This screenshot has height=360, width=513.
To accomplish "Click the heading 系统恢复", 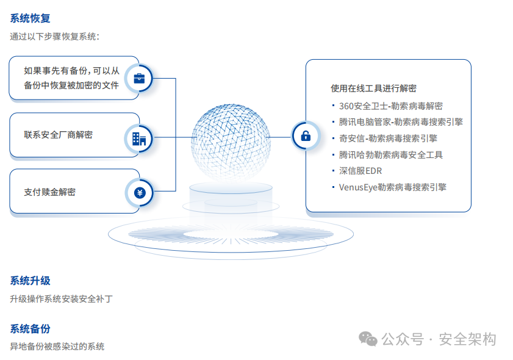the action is pyautogui.click(x=30, y=18).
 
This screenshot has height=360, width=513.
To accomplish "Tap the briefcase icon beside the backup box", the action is pyautogui.click(x=139, y=78).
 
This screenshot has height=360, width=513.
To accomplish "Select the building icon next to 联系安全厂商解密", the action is pyautogui.click(x=139, y=139).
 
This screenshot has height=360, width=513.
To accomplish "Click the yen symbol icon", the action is pyautogui.click(x=140, y=193).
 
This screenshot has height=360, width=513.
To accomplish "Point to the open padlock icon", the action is pyautogui.click(x=306, y=135).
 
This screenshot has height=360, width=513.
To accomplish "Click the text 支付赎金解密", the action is pyautogui.click(x=50, y=192).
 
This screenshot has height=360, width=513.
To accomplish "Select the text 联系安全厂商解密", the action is pyautogui.click(x=58, y=135).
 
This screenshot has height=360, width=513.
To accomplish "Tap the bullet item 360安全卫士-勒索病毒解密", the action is pyautogui.click(x=390, y=106).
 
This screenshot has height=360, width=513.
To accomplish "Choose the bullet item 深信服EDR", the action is pyautogui.click(x=361, y=171).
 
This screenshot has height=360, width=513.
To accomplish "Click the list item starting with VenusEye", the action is pyautogui.click(x=393, y=187).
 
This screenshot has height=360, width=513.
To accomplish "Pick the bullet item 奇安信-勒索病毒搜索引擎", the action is pyautogui.click(x=388, y=139).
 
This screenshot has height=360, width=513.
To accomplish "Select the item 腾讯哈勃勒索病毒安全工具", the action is pyautogui.click(x=390, y=155).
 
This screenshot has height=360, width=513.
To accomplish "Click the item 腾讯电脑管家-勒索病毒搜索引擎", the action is pyautogui.click(x=401, y=122).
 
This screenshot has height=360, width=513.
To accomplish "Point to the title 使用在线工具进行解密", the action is pyautogui.click(x=373, y=88).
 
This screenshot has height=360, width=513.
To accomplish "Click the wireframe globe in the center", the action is pyautogui.click(x=231, y=142).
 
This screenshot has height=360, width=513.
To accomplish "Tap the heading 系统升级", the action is pyautogui.click(x=30, y=281).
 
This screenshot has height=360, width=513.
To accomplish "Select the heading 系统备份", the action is pyautogui.click(x=30, y=329).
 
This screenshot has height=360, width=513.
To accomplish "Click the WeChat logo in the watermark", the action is pyautogui.click(x=368, y=339).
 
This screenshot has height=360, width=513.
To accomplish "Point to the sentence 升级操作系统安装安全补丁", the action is pyautogui.click(x=61, y=299).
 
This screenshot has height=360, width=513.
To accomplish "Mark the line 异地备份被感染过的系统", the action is pyautogui.click(x=57, y=347).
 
